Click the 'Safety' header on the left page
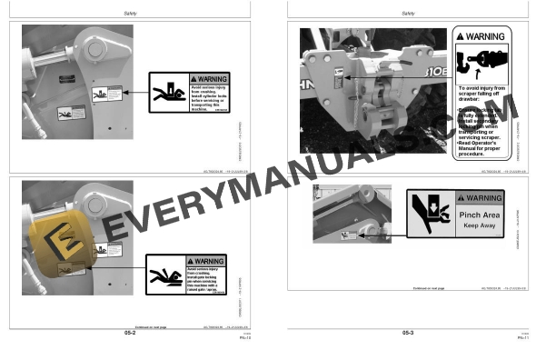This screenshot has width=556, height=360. pyautogui.click(x=131, y=13)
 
